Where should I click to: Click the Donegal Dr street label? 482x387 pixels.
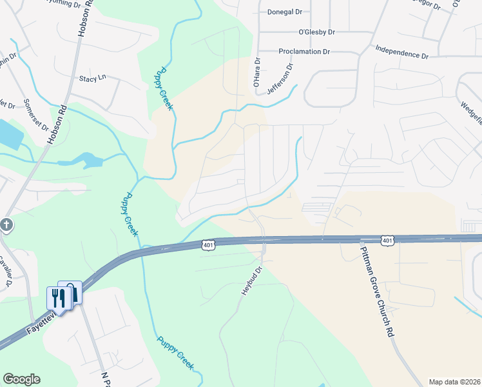tap(284, 12)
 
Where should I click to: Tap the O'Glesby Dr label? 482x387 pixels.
tap(316, 32)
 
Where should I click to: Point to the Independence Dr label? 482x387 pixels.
tap(401, 52)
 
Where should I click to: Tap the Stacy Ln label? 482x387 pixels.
tap(92, 79)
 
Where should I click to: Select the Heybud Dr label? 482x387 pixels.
tap(253, 281)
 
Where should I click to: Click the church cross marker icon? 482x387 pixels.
tap(6, 226)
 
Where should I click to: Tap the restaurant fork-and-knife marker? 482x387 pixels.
tap(57, 297)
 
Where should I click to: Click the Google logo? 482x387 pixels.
tap(21, 379)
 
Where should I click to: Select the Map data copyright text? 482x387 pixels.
tap(454, 381)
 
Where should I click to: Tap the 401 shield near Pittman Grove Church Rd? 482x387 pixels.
tap(387, 240)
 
